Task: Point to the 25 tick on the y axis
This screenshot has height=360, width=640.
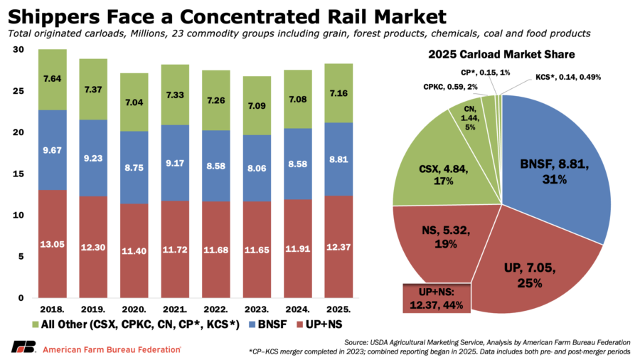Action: (19, 91)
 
